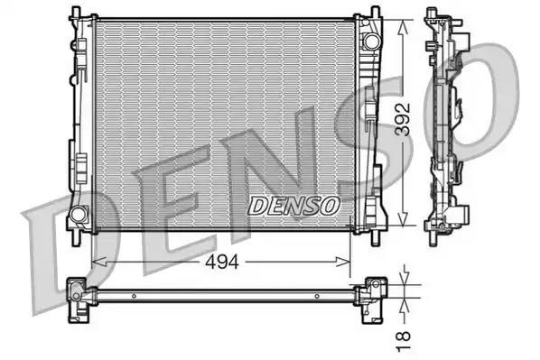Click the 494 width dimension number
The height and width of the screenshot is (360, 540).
[x=222, y=263]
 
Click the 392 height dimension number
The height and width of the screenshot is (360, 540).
[x=403, y=119]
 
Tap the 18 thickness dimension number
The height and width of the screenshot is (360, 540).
[x=404, y=341]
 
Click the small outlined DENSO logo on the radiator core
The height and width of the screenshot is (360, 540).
[x=293, y=206]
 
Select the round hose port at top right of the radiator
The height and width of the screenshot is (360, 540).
[x=372, y=42]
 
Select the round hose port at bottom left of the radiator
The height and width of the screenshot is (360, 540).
[x=79, y=214]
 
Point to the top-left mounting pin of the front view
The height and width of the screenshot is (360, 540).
[x=76, y=13]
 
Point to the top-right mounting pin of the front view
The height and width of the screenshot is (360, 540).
[x=376, y=13]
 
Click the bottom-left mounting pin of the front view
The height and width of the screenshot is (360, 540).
[x=76, y=238]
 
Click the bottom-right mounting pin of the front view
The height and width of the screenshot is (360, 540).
[x=376, y=238]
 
